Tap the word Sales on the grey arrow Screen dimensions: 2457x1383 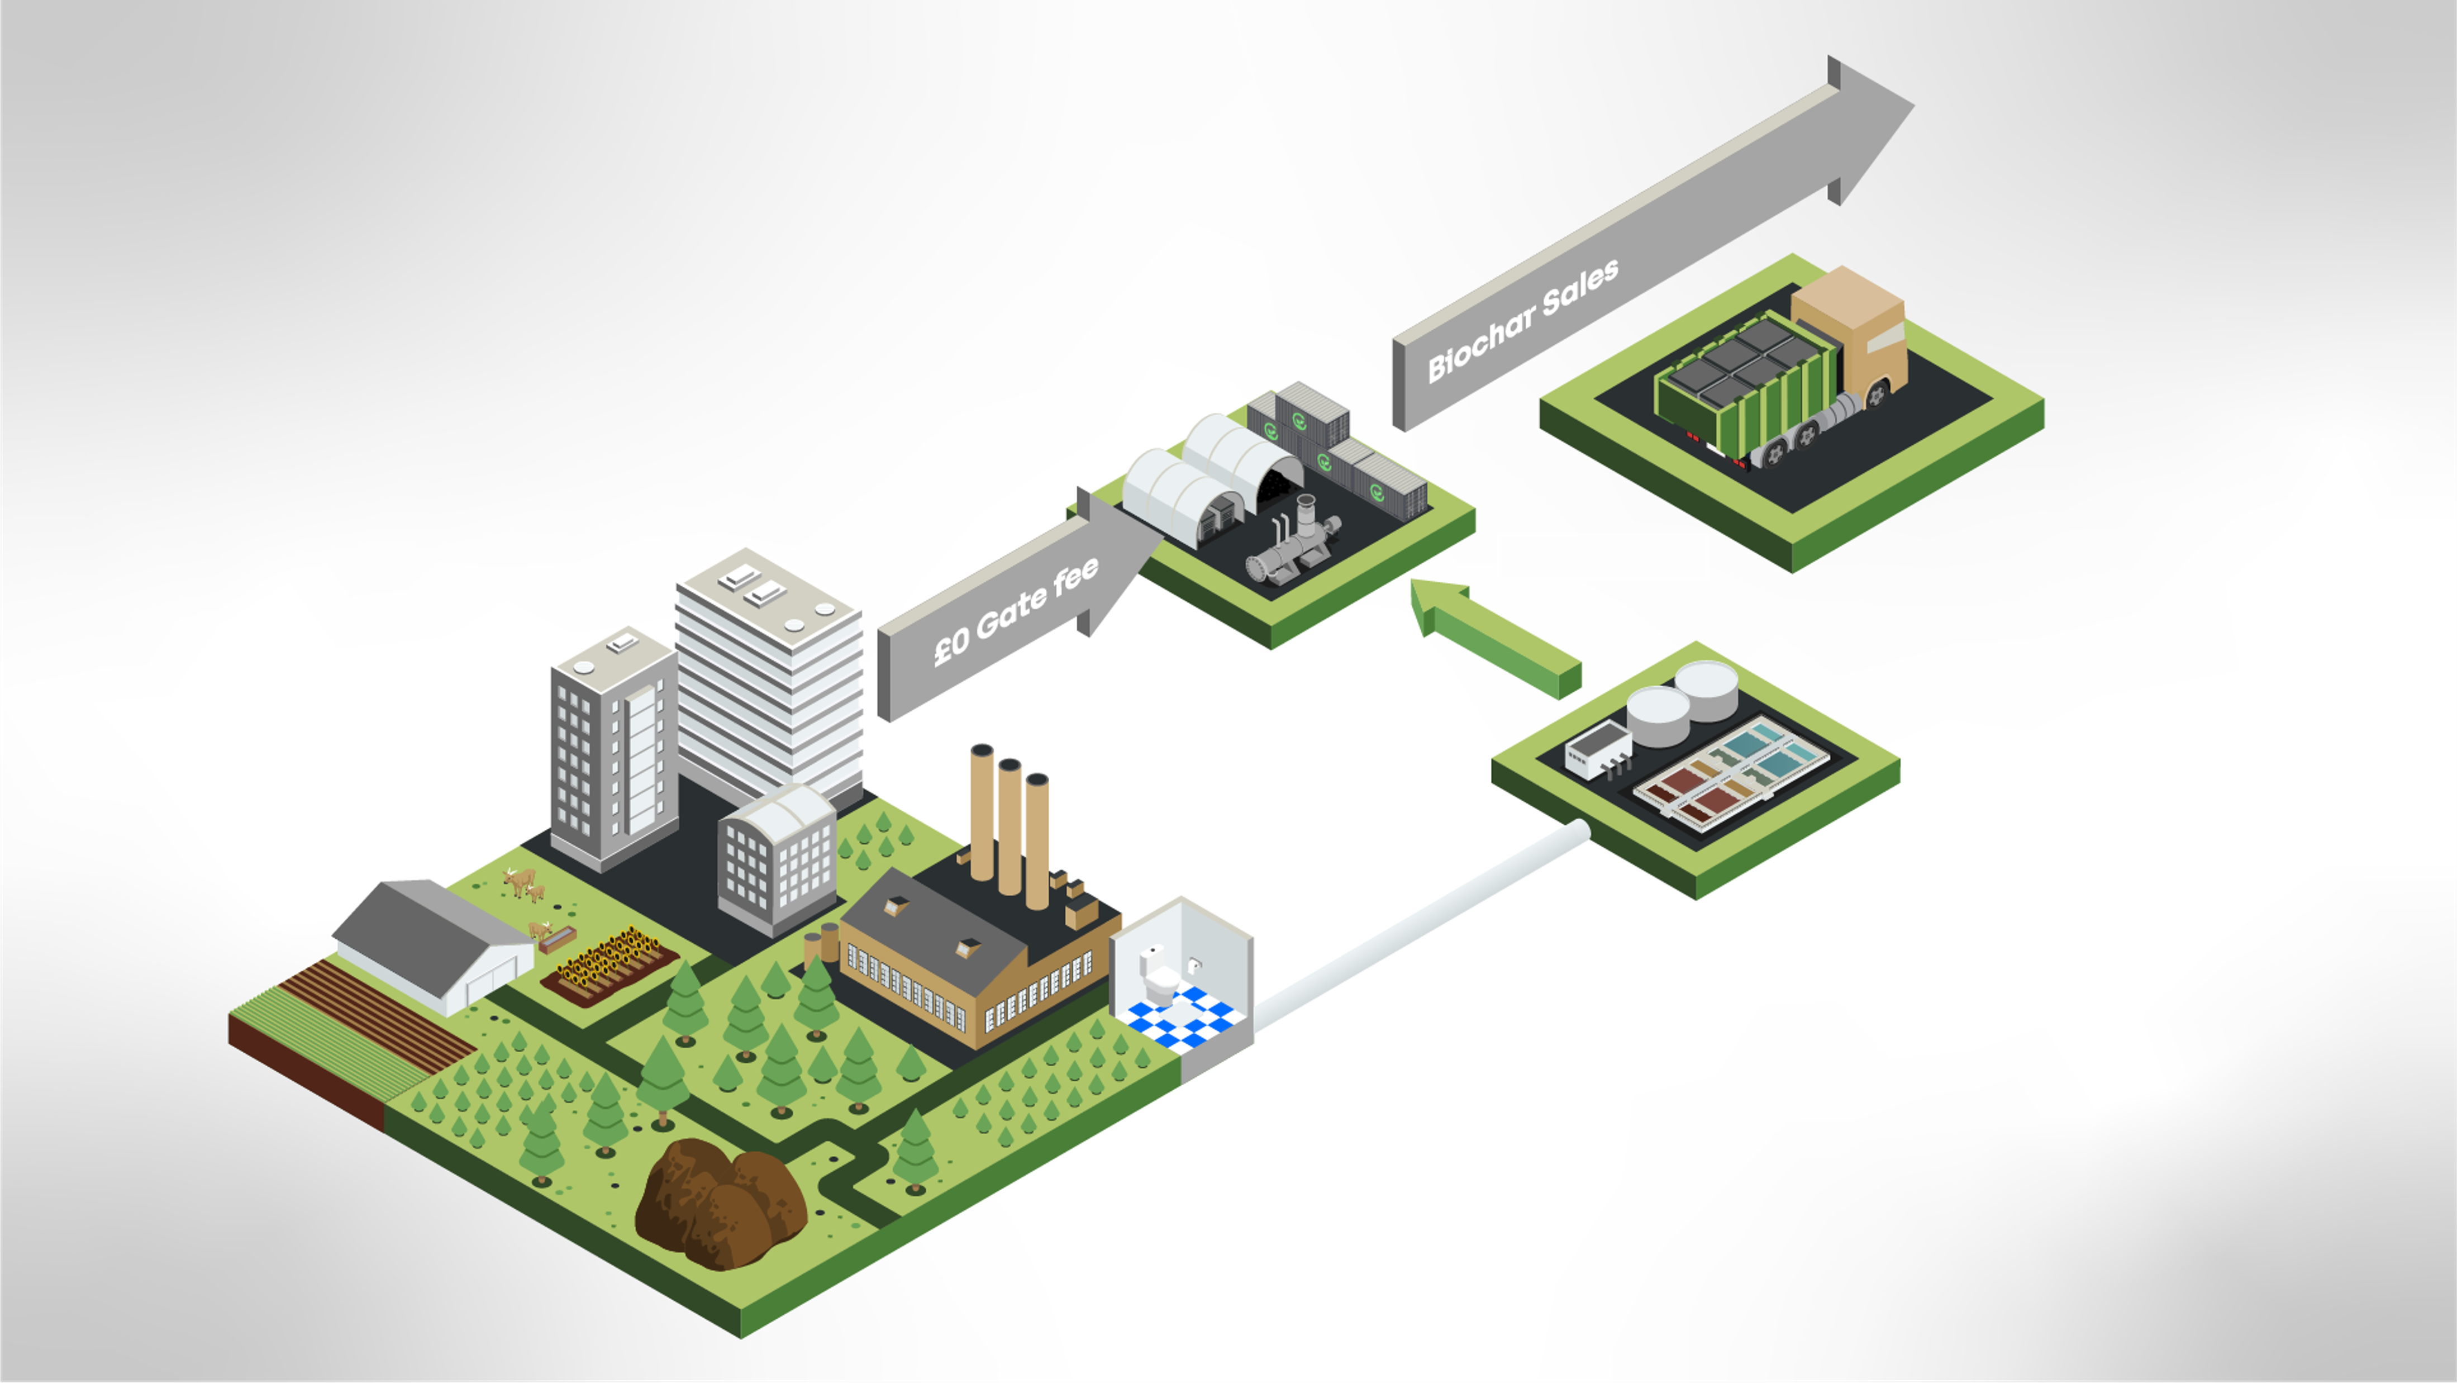pos(1580,287)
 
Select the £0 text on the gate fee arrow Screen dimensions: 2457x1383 pos(952,647)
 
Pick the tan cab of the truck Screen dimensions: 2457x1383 pos(1850,329)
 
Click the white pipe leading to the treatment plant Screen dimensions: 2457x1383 pos(1421,925)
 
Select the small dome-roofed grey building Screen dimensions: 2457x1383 pos(777,858)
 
